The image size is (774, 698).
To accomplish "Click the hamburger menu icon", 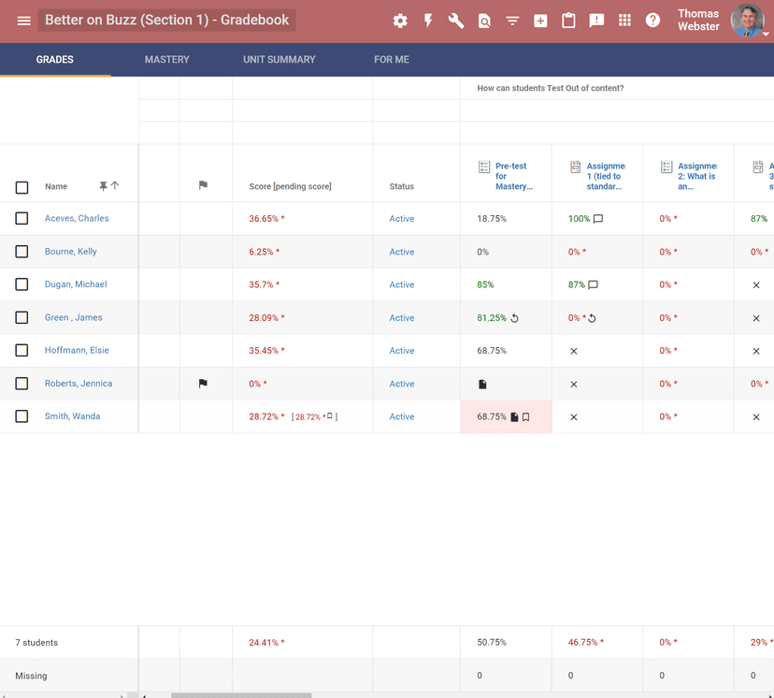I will [x=23, y=21].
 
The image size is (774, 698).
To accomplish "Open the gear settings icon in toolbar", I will [x=400, y=21].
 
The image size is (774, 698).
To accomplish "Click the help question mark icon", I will [x=652, y=21].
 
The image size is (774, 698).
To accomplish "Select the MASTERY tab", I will [x=166, y=59].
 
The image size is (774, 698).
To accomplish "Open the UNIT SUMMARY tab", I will [x=279, y=59].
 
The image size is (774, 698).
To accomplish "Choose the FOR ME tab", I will [x=391, y=59].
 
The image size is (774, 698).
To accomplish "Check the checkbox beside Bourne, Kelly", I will [x=21, y=252].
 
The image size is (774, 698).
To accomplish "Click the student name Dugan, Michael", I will [x=76, y=284].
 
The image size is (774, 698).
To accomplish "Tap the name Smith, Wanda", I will [x=72, y=416].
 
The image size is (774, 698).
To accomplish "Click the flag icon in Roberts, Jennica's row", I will [x=203, y=384].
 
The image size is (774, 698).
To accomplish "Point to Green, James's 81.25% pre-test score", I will [x=491, y=318].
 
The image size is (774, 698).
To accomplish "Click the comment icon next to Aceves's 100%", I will [x=598, y=219].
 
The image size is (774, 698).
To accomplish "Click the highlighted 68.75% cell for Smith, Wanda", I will [x=493, y=417].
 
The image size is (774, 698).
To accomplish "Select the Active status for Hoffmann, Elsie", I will [x=402, y=351].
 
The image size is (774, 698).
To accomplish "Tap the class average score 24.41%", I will [x=265, y=643].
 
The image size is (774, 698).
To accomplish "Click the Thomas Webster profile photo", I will [x=746, y=20].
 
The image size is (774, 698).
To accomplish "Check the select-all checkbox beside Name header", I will [x=21, y=187].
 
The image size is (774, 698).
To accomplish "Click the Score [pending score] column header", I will [x=290, y=186].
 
